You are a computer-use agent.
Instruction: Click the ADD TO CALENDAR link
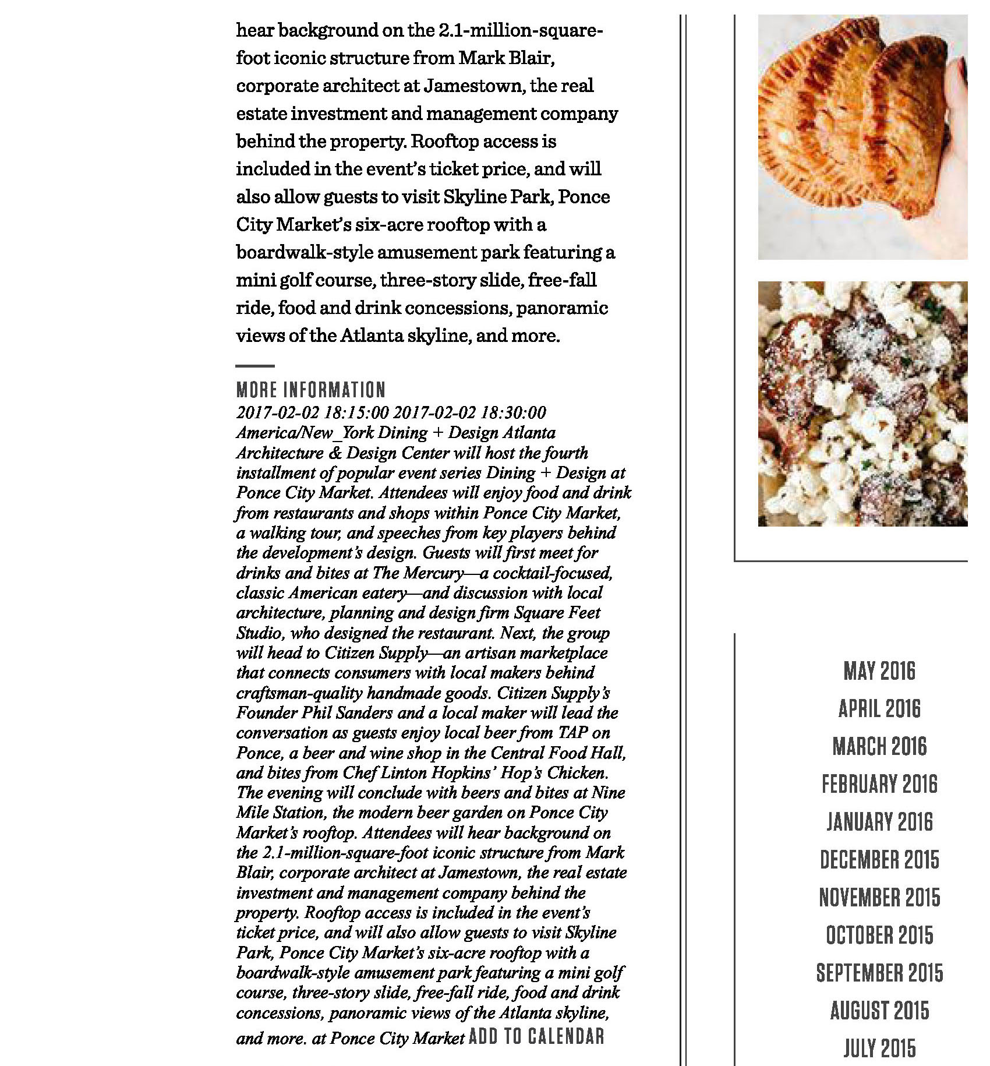click(x=536, y=1036)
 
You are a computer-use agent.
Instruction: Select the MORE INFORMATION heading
click(x=311, y=390)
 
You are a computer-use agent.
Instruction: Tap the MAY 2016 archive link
click(x=879, y=671)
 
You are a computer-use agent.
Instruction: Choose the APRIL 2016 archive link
click(x=879, y=709)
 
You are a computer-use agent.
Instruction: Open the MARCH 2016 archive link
click(x=879, y=747)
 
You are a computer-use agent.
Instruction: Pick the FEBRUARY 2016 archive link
click(x=879, y=785)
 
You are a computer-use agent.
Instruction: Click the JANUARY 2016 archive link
click(x=879, y=823)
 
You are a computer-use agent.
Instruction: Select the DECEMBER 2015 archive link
click(x=879, y=860)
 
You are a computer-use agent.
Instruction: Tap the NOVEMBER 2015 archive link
click(x=879, y=898)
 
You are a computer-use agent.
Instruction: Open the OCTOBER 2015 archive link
click(x=879, y=936)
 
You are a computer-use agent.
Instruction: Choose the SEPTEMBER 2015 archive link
click(x=879, y=973)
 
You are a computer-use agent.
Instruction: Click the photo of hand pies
click(x=862, y=137)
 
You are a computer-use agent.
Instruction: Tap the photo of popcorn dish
click(x=862, y=404)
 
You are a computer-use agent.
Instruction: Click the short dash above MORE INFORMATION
click(x=255, y=366)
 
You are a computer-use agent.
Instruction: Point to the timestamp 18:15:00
click(x=356, y=412)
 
